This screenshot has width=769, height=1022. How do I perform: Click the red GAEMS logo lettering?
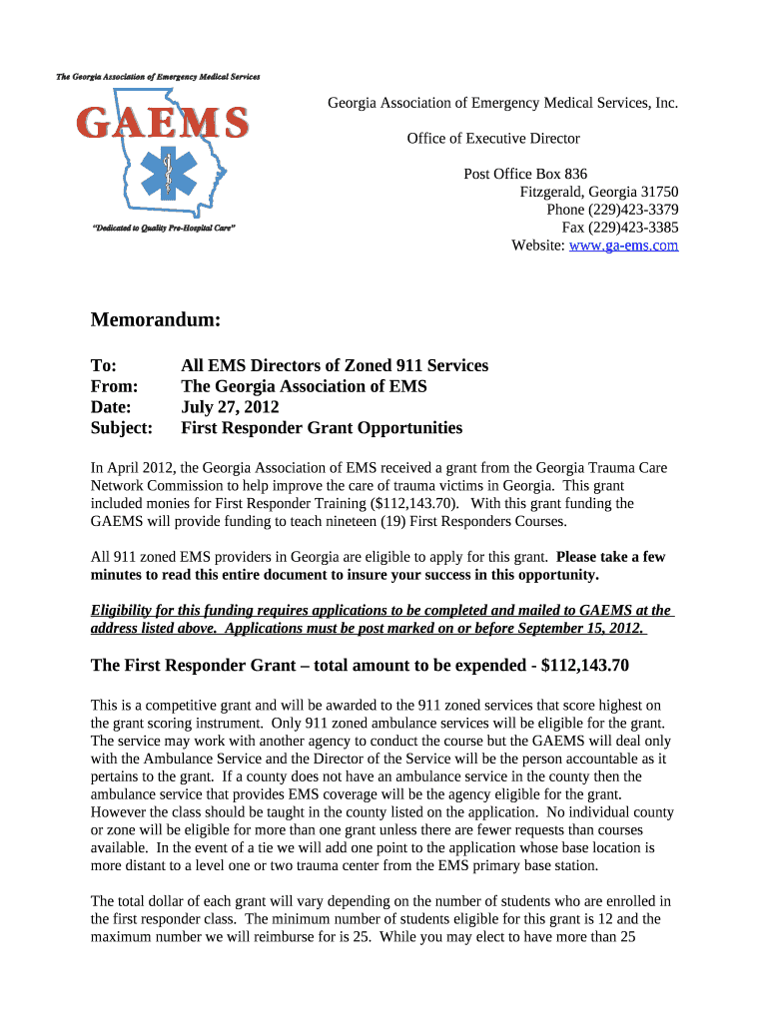(x=163, y=124)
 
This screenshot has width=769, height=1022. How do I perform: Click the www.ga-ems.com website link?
(x=623, y=245)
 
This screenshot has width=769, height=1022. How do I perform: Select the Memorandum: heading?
(x=155, y=320)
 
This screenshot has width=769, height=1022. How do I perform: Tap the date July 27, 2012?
(x=230, y=407)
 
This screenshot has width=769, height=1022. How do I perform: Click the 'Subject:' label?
(x=122, y=428)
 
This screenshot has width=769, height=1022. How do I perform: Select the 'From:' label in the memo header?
(x=114, y=386)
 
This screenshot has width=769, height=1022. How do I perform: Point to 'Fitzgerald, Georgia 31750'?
(x=599, y=192)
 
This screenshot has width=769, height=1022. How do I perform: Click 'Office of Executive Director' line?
(x=493, y=139)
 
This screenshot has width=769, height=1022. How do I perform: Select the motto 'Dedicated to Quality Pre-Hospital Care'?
(x=163, y=229)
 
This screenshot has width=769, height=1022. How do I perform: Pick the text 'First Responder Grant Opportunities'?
(x=322, y=428)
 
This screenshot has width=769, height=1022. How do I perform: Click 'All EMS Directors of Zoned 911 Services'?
(x=335, y=365)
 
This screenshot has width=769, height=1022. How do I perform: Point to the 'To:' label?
(x=104, y=365)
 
